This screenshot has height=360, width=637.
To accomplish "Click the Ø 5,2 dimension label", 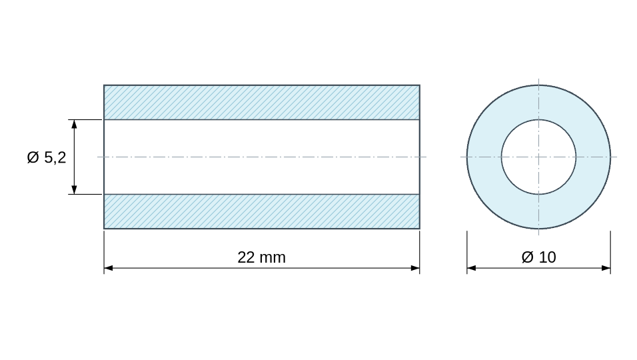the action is click(47, 157).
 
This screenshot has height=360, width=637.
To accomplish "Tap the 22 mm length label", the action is click(262, 257).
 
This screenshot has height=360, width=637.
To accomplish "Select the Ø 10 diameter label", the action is click(538, 257).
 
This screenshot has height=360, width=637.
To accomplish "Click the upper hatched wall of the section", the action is click(262, 103).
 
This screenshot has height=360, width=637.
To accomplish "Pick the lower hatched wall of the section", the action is click(262, 211).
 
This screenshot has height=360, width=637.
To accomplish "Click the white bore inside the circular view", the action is click(538, 157).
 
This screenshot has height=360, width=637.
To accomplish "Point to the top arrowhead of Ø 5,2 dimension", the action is click(74, 124).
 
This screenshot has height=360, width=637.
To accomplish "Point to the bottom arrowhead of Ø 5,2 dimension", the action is click(74, 190).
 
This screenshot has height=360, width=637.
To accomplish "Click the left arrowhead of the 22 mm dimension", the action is click(109, 268).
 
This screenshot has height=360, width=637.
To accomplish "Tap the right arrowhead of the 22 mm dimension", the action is click(415, 268).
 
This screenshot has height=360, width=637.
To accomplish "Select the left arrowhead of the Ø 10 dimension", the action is click(471, 268).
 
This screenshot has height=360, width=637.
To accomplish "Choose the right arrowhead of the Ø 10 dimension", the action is click(606, 268).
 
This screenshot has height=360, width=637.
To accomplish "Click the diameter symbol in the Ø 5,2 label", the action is click(33, 157).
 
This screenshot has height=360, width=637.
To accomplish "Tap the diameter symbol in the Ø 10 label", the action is click(527, 257).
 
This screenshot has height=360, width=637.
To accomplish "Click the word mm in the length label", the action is click(273, 258).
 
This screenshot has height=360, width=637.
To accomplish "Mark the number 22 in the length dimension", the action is click(246, 257).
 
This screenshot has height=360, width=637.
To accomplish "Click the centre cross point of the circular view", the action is click(538, 157).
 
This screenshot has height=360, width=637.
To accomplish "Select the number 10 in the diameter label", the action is click(548, 257).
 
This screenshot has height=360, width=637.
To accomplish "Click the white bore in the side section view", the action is click(262, 157).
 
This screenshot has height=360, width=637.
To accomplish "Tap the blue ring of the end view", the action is click(484, 157).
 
